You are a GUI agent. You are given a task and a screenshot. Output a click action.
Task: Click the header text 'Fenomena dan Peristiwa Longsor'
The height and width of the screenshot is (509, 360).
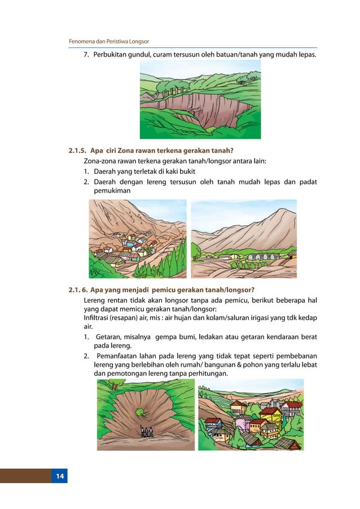(x=108, y=42)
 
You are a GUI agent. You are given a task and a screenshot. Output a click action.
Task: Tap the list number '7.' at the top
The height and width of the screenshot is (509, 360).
(x=87, y=55)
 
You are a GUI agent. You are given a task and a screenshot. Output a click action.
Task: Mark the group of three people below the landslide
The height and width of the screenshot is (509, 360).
(x=146, y=432)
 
